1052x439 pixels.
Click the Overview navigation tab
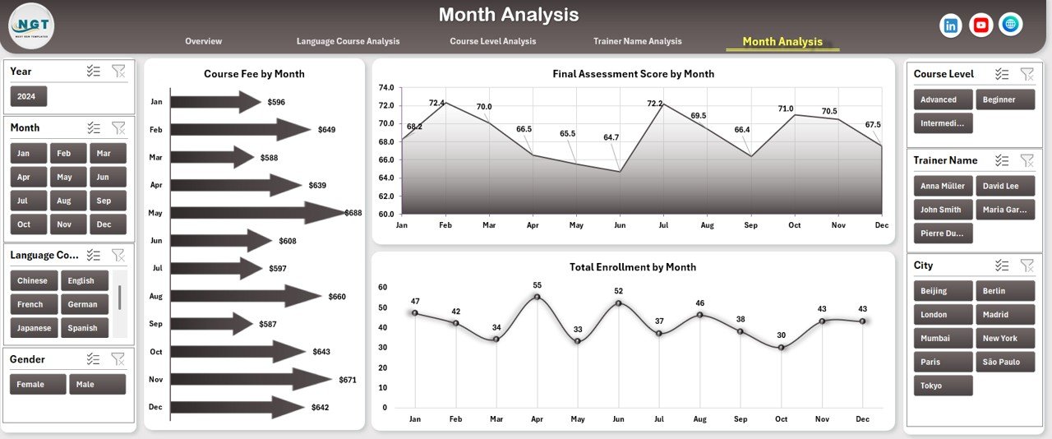203,41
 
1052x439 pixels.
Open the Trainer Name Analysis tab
637,41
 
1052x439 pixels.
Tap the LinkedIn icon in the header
951,25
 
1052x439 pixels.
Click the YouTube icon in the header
980,25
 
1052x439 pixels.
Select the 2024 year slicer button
29,96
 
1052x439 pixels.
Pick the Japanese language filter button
34,328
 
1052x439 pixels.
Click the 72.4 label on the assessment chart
436,103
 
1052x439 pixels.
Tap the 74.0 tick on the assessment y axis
385,87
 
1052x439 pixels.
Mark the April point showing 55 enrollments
537,297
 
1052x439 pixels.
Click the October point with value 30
781,348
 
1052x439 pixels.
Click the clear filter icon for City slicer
1027,265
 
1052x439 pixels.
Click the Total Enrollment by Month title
632,267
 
